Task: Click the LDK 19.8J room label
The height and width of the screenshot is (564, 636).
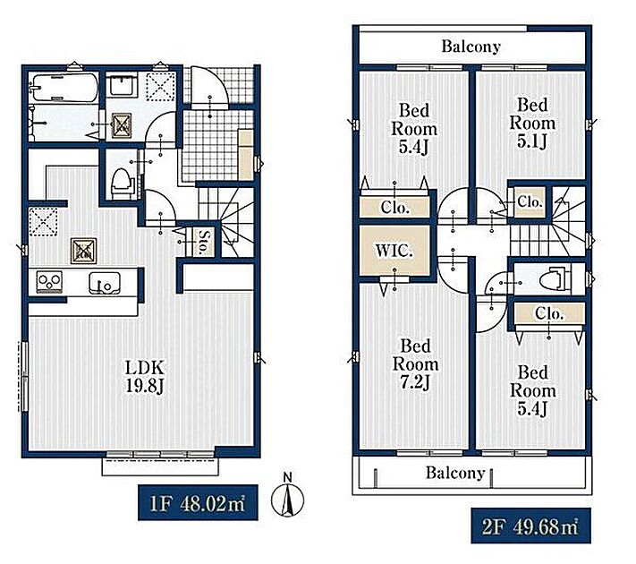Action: [145, 377]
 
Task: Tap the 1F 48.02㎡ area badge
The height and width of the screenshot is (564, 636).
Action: [198, 503]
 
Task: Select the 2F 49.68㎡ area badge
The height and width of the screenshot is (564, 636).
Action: [530, 526]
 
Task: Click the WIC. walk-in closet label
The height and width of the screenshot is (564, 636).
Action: [394, 251]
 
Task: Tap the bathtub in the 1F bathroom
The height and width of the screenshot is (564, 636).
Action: [65, 88]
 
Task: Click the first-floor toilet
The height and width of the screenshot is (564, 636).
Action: [122, 184]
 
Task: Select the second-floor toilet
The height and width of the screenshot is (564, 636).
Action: [555, 278]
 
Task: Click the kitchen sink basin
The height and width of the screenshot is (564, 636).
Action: [105, 282]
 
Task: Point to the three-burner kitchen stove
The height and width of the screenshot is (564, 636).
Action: [49, 281]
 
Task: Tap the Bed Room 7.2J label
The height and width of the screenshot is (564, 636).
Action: [415, 364]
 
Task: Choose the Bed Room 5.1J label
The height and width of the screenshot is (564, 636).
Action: [532, 123]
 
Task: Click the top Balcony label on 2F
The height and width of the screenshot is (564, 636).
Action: [471, 47]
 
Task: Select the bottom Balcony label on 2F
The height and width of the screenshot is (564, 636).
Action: [455, 473]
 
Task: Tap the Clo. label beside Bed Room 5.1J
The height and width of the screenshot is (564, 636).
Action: [530, 201]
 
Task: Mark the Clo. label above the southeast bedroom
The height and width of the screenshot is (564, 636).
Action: [549, 313]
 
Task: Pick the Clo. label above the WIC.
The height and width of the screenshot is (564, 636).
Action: [394, 208]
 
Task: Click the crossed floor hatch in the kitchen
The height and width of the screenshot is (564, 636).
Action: [83, 251]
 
